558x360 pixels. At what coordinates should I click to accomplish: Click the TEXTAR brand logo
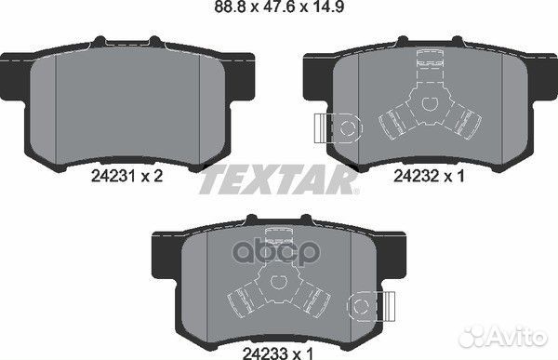[278, 180]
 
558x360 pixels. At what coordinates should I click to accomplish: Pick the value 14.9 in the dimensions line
[337, 11]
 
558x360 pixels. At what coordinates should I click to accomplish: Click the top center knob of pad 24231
[131, 39]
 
